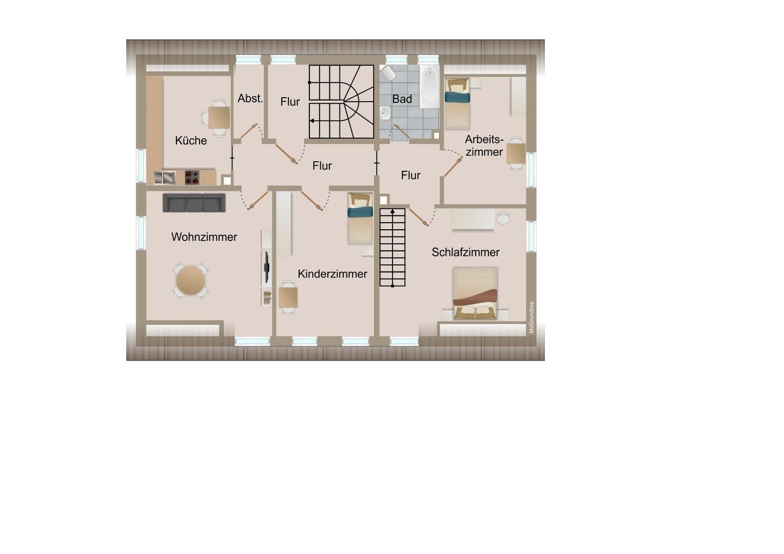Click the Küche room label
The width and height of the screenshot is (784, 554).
(x=191, y=141)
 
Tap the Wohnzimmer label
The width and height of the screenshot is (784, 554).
(x=204, y=237)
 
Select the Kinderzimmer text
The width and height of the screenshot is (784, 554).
(x=332, y=274)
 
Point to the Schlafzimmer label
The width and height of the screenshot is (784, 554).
(x=465, y=252)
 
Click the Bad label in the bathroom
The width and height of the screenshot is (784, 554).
(x=402, y=99)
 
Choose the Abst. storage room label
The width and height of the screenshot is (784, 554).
(x=250, y=98)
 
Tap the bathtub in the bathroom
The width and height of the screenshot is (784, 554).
(x=429, y=88)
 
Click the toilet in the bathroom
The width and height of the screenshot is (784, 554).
(x=388, y=73)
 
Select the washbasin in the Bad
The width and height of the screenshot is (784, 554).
(x=385, y=113)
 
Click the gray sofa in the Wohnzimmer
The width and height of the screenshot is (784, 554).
(x=194, y=203)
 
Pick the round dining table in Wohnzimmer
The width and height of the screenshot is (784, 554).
(x=190, y=281)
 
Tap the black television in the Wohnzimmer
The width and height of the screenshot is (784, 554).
(x=266, y=267)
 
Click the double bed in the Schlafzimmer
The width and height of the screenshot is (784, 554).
(x=475, y=293)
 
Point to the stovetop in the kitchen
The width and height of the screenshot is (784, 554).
(x=192, y=177)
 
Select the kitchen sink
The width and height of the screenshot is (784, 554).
(x=165, y=177)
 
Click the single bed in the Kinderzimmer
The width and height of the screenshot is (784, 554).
(x=360, y=219)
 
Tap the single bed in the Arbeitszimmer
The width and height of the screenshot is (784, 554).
(x=457, y=104)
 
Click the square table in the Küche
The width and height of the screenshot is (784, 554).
(x=219, y=117)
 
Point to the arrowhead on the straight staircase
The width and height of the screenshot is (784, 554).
(x=393, y=211)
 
